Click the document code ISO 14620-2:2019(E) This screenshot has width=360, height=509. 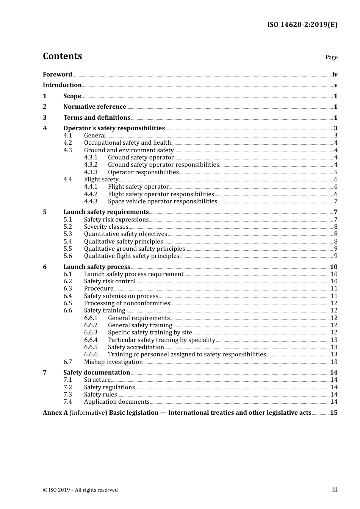click(302, 25)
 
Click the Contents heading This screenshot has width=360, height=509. click(62, 56)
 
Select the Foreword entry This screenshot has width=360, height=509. click(57, 74)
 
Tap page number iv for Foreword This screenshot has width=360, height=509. click(335, 75)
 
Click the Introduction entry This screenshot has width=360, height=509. click(62, 85)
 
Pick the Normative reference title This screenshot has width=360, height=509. click(94, 107)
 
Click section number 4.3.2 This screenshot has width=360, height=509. click(91, 165)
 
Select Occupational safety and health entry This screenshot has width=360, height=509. click(127, 143)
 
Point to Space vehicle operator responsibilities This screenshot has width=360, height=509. click(163, 201)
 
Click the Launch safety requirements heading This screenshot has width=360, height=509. click(106, 212)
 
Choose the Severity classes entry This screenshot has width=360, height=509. click(106, 227)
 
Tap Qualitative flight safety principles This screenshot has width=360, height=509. click(131, 256)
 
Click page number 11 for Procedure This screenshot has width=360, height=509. click(334, 289)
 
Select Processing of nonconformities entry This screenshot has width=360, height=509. click(127, 303)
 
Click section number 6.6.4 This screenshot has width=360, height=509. click(91, 340)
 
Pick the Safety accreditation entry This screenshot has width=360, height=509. click(136, 347)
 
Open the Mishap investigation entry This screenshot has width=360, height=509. click(113, 362)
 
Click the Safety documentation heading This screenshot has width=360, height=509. click(97, 373)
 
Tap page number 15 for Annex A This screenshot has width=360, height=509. click(333, 413)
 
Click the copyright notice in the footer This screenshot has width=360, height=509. click(80, 490)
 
